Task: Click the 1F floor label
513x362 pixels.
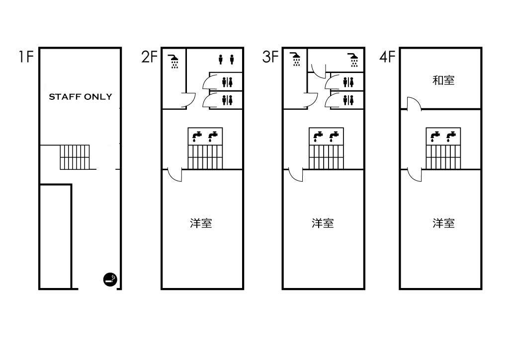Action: coord(26,57)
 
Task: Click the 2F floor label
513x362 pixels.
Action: coord(149,57)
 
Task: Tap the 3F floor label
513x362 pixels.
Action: coord(270,57)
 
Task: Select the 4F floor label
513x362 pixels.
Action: coord(388,57)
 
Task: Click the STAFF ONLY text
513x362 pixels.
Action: coord(80,97)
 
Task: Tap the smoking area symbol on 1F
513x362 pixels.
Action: coord(110,280)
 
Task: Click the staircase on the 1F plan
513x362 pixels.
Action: coord(75,157)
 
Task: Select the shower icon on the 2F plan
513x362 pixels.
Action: coord(174,62)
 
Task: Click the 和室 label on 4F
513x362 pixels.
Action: coord(443,80)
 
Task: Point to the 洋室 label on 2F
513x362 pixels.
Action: coord(201,223)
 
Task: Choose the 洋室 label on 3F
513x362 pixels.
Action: coord(323,223)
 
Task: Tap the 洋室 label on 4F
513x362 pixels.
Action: coord(443,223)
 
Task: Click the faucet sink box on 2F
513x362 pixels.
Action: coord(205,136)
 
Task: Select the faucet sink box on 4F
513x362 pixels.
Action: coord(443,136)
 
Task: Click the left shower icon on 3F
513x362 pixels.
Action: coord(296,60)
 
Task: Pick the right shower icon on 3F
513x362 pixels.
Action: coord(353,60)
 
